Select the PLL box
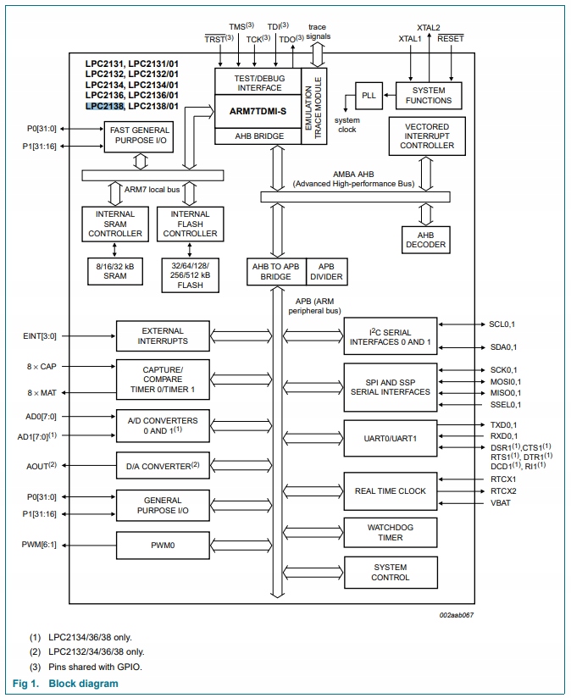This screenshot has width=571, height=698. pos(369,96)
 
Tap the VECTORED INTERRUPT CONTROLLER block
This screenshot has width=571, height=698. pos(427,136)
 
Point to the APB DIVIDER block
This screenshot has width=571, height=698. pos(326,271)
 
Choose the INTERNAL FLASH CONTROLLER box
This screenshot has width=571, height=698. pos(190,224)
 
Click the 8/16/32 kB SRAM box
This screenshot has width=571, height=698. pos(115,270)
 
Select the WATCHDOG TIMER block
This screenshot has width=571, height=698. pos(390,532)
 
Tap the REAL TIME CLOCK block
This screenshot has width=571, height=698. pos(390,491)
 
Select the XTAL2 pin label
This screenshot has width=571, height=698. pos(429,27)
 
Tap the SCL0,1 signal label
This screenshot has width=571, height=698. pos(502,324)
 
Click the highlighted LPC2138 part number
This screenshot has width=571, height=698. pos(105,107)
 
